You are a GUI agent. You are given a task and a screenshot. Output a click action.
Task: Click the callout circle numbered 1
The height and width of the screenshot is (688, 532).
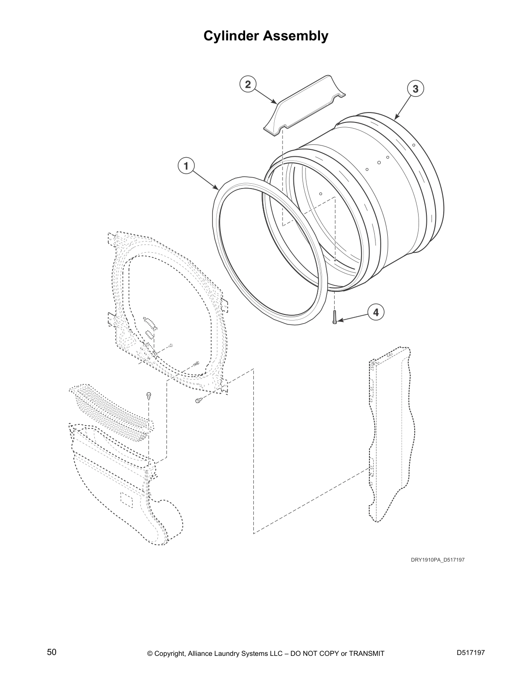coord(186,165)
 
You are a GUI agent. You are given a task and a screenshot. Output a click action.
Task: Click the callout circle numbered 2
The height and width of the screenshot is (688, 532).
coord(248,84)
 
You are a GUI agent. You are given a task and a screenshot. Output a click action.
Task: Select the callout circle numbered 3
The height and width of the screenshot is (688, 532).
coord(415,89)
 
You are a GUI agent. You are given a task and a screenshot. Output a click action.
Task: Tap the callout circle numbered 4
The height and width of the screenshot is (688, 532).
coord(376,312)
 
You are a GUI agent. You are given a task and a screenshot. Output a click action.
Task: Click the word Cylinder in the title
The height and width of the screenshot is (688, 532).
coord(232,36)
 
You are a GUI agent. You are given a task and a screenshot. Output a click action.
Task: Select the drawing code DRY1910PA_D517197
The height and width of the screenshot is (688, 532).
coord(438,560)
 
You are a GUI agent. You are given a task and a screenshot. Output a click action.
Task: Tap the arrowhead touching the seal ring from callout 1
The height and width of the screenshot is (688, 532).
coord(217,189)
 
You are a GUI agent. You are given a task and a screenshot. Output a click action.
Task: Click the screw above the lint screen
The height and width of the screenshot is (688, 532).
coord(149,395)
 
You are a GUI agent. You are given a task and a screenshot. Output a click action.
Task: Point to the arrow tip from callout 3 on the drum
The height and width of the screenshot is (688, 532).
coord(396,118)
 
